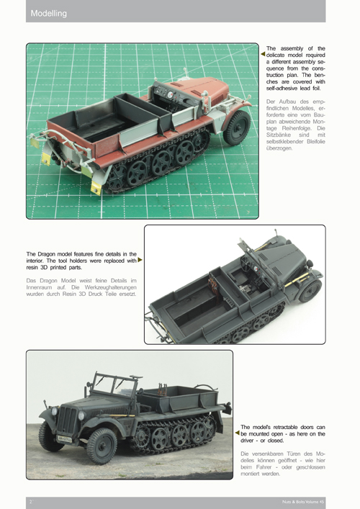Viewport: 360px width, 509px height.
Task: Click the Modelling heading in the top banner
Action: (x=49, y=14)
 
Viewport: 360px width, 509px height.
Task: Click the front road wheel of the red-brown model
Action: (x=237, y=127)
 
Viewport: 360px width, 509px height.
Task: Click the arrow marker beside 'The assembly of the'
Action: (x=263, y=54)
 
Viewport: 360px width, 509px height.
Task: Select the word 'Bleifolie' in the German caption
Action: (x=315, y=142)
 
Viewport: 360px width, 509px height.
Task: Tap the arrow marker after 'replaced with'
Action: (x=140, y=260)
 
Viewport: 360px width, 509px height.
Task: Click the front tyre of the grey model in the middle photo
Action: (x=310, y=291)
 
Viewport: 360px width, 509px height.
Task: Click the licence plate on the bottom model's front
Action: (x=65, y=439)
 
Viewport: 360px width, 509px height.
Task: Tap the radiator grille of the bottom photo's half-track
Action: (x=68, y=420)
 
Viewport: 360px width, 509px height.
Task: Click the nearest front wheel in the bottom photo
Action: (x=102, y=446)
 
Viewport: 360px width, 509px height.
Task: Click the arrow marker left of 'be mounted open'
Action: (x=238, y=433)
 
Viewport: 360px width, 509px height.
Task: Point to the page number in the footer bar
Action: (x=31, y=502)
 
